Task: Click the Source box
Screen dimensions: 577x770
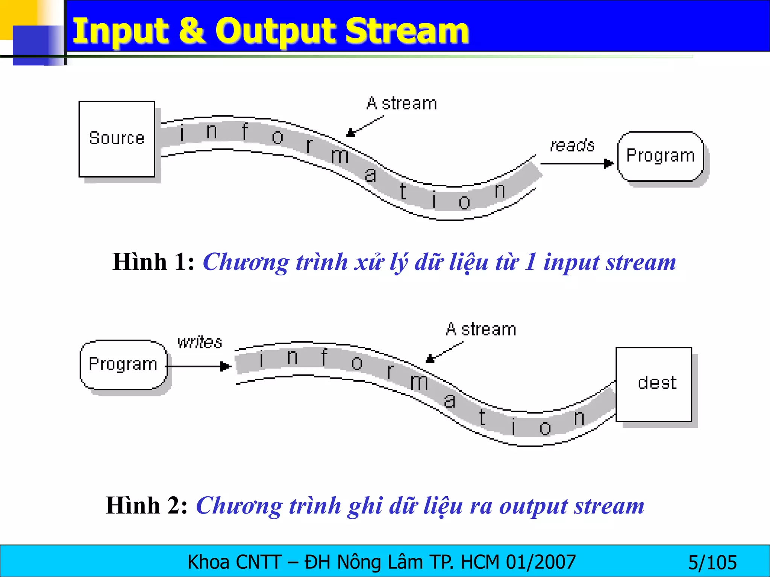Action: coord(117,139)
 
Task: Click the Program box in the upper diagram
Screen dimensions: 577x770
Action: coord(660,156)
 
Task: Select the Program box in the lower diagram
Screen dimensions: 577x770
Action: coord(123,364)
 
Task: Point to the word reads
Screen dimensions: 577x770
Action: coord(572,145)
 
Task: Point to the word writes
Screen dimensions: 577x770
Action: coord(200,342)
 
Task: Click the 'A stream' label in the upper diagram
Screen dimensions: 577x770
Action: coord(402,103)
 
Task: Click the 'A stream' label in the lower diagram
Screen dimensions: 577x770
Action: coord(481,329)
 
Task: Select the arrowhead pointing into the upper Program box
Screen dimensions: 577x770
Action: coord(609,164)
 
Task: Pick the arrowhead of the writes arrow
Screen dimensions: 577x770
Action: coord(225,366)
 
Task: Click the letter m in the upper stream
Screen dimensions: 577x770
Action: coord(340,156)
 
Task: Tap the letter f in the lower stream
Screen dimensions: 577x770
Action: coord(324,357)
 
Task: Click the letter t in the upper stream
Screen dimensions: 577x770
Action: coord(403,191)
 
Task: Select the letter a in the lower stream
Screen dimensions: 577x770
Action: coord(450,401)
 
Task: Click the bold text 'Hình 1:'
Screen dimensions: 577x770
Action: coord(153,262)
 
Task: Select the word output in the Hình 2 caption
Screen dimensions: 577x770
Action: coord(534,506)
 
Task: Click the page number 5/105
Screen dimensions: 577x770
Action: coord(712,563)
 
